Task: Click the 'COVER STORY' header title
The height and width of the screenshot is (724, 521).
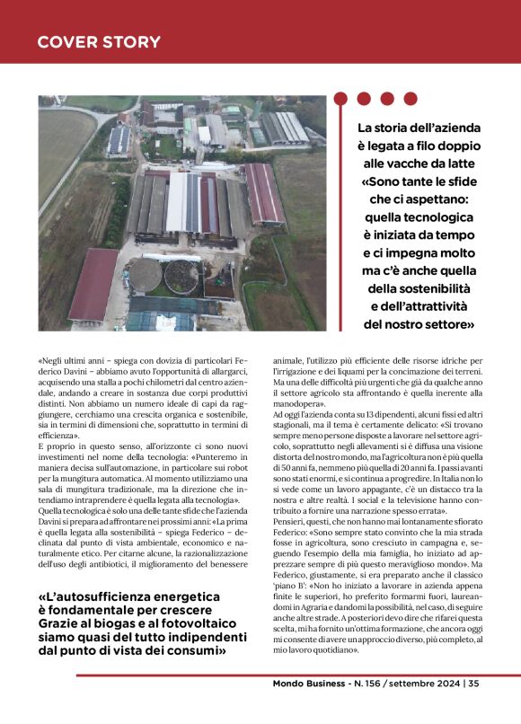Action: tap(99, 42)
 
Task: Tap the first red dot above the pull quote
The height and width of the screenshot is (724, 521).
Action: tap(341, 98)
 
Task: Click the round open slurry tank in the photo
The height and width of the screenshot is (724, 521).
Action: tap(181, 277)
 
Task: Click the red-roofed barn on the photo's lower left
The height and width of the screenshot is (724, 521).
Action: tap(93, 286)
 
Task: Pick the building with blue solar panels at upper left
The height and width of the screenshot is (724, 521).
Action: tap(119, 138)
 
